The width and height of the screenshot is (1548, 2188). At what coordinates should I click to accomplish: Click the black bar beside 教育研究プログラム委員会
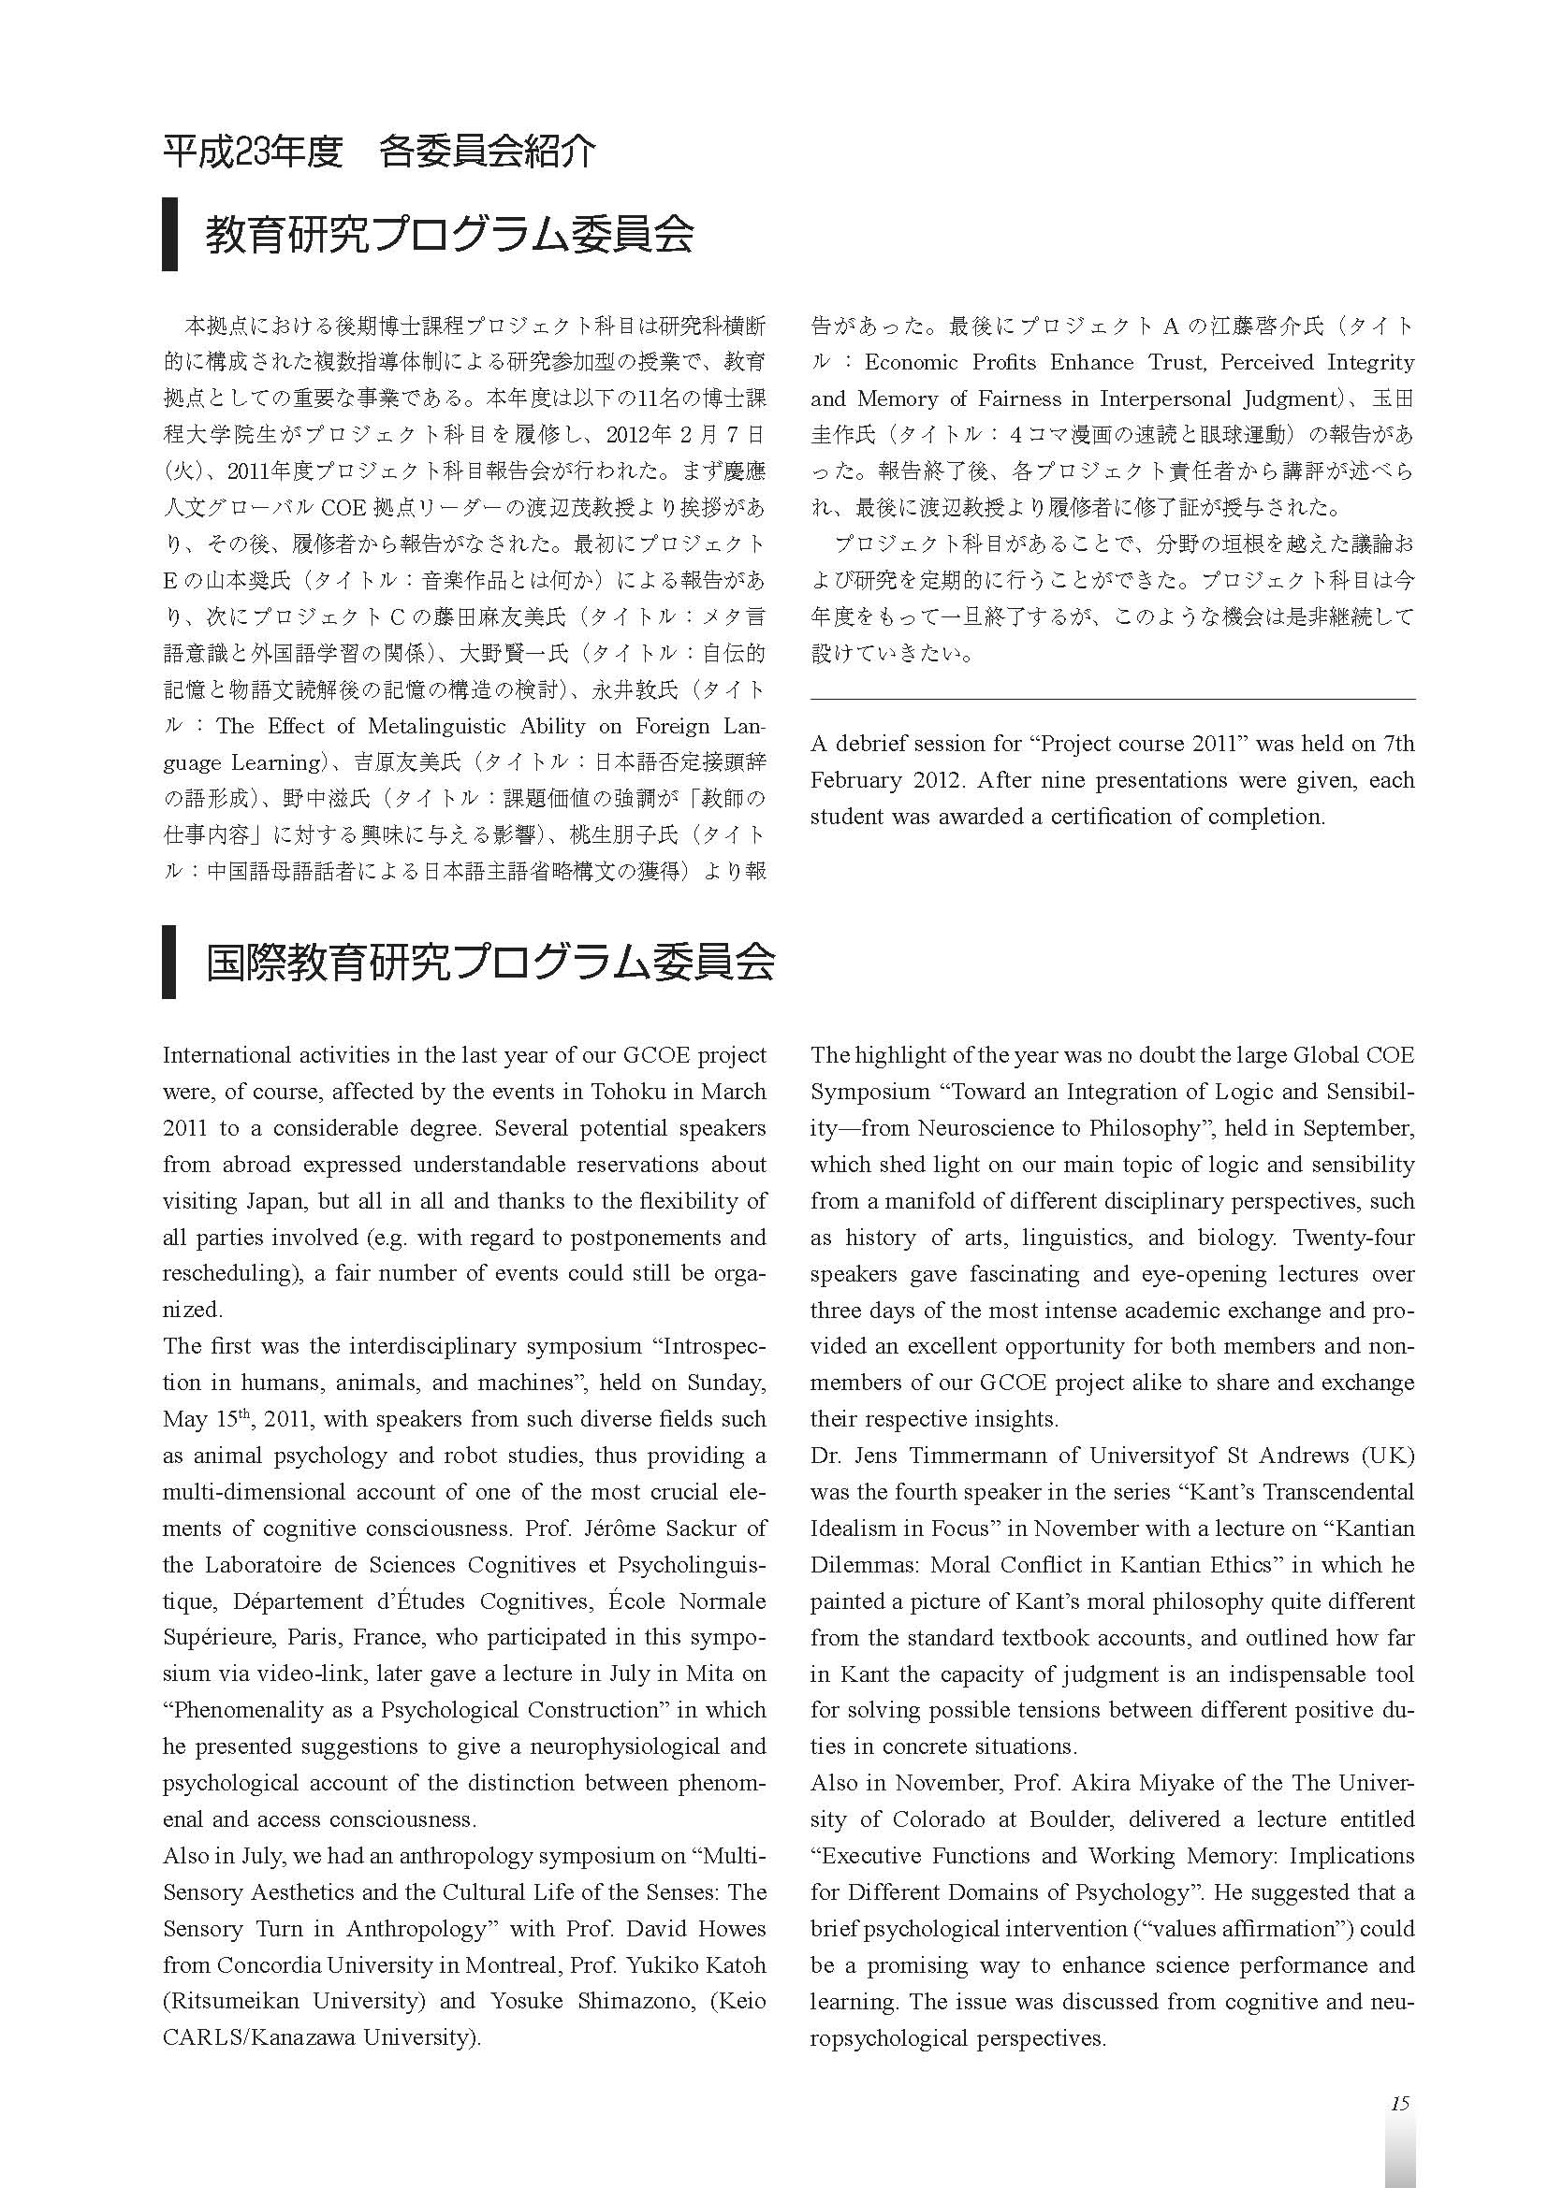click(x=169, y=235)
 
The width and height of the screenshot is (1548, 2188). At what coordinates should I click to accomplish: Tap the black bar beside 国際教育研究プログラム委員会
click(x=169, y=962)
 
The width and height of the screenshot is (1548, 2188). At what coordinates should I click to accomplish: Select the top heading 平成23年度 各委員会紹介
click(x=379, y=152)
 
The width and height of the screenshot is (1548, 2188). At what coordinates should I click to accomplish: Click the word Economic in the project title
click(x=913, y=362)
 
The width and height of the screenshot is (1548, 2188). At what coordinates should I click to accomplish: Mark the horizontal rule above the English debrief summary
click(x=1113, y=700)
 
